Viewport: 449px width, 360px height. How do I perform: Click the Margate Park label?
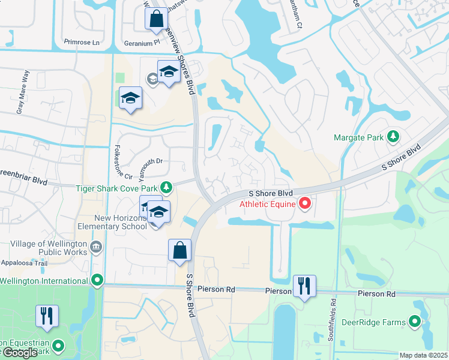pyautogui.click(x=358, y=137)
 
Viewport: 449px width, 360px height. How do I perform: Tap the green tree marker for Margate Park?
pyautogui.click(x=393, y=137)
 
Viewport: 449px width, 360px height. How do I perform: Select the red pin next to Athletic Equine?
pyautogui.click(x=304, y=204)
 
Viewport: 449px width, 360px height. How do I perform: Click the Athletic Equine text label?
pyautogui.click(x=268, y=204)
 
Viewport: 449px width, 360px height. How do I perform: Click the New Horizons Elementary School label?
pyautogui.click(x=112, y=222)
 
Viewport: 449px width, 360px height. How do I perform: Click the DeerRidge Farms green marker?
pyautogui.click(x=415, y=322)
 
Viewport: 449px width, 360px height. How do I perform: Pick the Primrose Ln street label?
pyautogui.click(x=81, y=43)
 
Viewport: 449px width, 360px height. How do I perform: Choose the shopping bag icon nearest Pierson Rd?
pyautogui.click(x=180, y=250)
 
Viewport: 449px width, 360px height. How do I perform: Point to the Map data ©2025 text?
pyautogui.click(x=424, y=355)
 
